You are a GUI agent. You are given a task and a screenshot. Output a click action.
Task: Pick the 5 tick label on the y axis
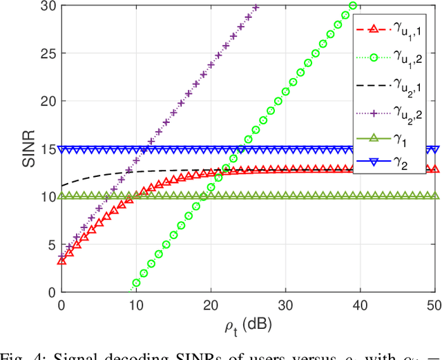click(x=52, y=245)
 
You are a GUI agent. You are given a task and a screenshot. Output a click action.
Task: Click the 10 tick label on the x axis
click(x=136, y=305)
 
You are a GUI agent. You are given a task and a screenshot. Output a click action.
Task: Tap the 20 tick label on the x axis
click(x=211, y=305)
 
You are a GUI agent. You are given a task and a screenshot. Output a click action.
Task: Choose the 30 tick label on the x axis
click(x=285, y=305)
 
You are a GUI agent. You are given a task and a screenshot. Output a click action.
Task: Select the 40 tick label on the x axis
click(x=360, y=305)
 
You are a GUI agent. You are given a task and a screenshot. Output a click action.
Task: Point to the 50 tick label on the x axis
click(x=433, y=305)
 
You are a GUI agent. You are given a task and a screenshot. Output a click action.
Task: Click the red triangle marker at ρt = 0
click(x=61, y=260)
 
